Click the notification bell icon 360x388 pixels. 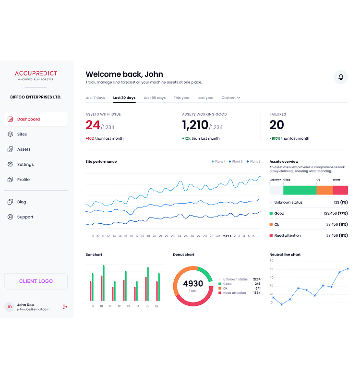341,77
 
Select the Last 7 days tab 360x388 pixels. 95,98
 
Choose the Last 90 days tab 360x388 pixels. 155,98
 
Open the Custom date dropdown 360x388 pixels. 231,98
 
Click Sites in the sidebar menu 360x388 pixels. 22,134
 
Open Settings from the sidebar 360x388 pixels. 25,165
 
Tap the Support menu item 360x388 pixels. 25,217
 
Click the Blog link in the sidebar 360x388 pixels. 22,202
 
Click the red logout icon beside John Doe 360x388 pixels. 65,307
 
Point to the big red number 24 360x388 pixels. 93,125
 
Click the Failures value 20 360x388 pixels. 276,125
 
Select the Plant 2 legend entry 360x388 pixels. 236,161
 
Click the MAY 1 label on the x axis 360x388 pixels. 227,236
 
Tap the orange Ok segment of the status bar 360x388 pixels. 324,190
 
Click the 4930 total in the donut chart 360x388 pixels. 193,284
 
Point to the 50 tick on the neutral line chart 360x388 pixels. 271,269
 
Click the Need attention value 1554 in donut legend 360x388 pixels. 257,293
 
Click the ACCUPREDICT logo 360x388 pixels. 36,75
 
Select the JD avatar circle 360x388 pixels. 9,307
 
